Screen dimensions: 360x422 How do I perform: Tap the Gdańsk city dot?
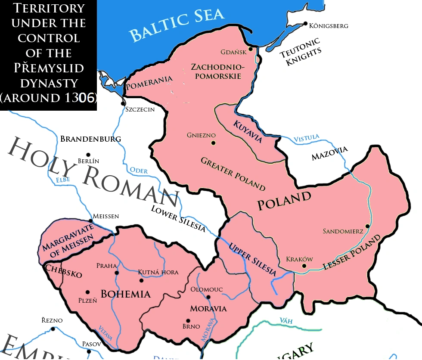(250, 49)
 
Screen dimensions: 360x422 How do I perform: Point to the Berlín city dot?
(88, 155)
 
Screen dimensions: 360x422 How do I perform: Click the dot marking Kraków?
(304, 266)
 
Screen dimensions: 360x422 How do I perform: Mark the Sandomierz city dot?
(367, 226)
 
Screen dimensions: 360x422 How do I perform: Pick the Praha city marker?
(116, 273)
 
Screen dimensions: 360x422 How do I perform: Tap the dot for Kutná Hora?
(141, 280)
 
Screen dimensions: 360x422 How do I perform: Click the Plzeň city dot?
(88, 292)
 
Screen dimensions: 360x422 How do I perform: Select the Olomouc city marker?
(208, 297)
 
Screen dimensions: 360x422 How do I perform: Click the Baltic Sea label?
(177, 25)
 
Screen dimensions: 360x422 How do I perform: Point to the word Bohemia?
(125, 294)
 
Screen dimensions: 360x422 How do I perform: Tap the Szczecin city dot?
(124, 103)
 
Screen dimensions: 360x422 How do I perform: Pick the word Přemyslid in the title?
(48, 68)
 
